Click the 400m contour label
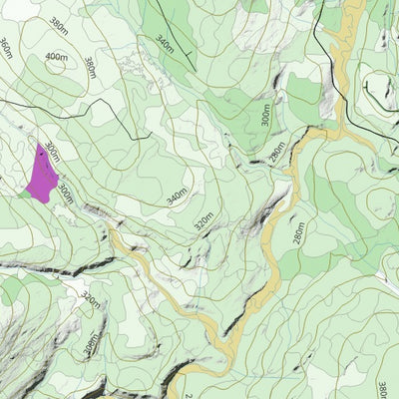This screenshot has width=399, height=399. pyautogui.click(x=58, y=57)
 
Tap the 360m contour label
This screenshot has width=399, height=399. pyautogui.click(x=6, y=48)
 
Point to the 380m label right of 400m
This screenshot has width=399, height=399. pyautogui.click(x=90, y=66)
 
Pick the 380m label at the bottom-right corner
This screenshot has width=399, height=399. pyautogui.click(x=385, y=384)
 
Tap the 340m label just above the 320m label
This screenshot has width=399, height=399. pyautogui.click(x=177, y=197)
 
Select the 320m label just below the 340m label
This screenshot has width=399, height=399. pyautogui.click(x=203, y=219)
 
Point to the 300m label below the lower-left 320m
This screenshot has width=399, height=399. pyautogui.click(x=92, y=345)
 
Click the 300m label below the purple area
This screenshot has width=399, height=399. pyautogui.click(x=65, y=193)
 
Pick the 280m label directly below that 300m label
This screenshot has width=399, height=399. pyautogui.click(x=276, y=153)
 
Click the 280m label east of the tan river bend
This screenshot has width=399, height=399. pyautogui.click(x=298, y=233)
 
